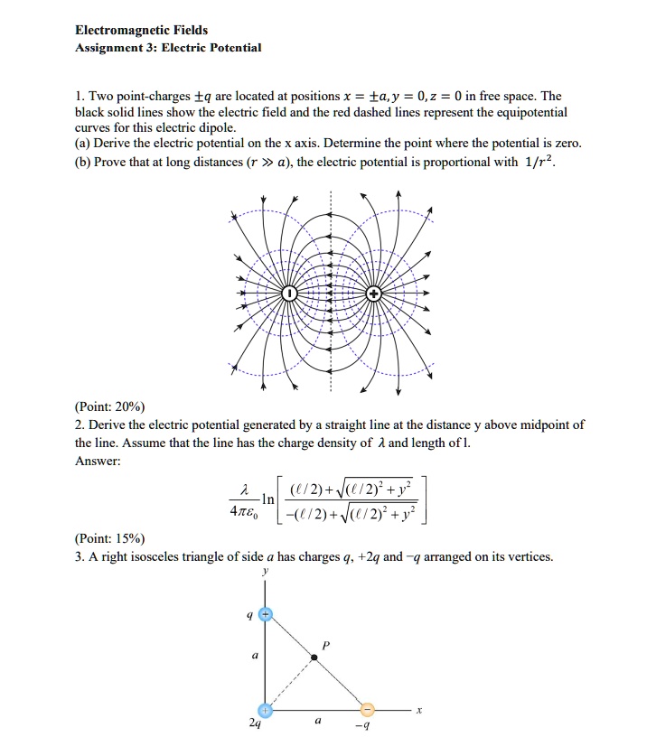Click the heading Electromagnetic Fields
(x=141, y=30)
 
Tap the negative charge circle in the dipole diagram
(x=288, y=294)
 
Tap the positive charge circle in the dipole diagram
(x=373, y=294)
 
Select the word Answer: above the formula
(x=98, y=461)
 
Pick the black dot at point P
(x=314, y=658)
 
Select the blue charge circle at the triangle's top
(x=264, y=613)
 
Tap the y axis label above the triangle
(x=264, y=570)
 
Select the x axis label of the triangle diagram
(x=417, y=711)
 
